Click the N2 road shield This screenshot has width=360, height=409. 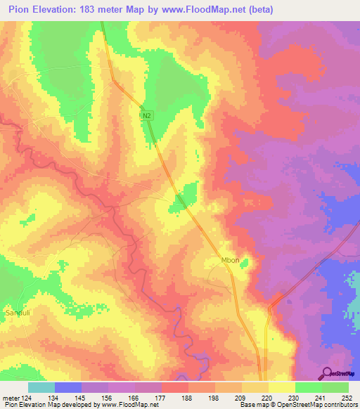tap(146, 115)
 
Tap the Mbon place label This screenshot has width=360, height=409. tap(231, 260)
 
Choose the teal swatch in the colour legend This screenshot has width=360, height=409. tap(41, 387)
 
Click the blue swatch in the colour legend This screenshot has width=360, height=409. tap(68, 387)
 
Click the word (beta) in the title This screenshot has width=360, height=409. tap(258, 10)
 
